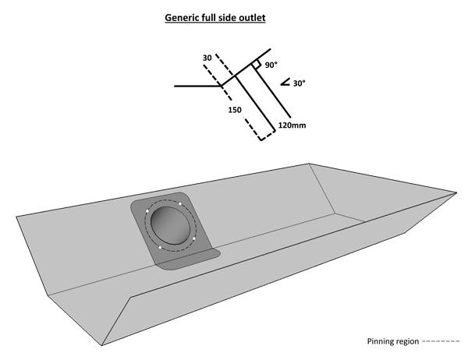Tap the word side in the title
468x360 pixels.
pyautogui.click(x=229, y=16)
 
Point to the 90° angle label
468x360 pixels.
pyautogui.click(x=271, y=66)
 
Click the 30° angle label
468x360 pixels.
pyautogui.click(x=299, y=82)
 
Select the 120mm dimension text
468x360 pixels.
pyautogui.click(x=292, y=125)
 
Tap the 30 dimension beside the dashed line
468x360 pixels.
pyautogui.click(x=207, y=58)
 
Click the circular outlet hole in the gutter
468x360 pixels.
pyautogui.click(x=168, y=227)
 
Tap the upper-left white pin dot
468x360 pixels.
pyautogui.click(x=150, y=212)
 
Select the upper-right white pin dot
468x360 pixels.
pyautogui.click(x=181, y=204)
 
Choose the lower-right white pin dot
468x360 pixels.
pyautogui.click(x=193, y=238)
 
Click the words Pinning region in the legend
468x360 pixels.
pyautogui.click(x=392, y=341)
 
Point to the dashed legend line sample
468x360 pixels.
pyautogui.click(x=440, y=342)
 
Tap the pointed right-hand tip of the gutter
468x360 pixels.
pyautogui.click(x=455, y=191)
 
